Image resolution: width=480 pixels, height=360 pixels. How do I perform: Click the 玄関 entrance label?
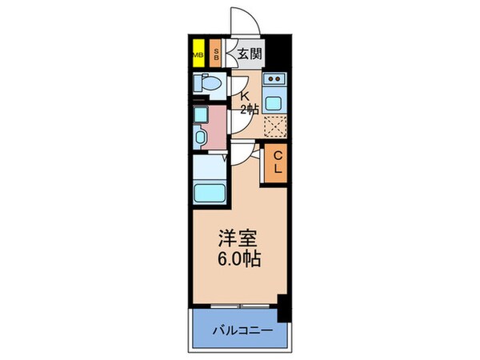click(250, 55)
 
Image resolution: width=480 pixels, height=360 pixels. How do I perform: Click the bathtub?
click(210, 193)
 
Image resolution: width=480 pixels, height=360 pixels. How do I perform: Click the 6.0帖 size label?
click(239, 260)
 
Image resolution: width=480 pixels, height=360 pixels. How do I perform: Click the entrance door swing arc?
click(243, 20)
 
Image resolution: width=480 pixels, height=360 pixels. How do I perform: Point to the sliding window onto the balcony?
click(236, 307)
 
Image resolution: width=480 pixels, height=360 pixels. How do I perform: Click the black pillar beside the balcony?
click(282, 309)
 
